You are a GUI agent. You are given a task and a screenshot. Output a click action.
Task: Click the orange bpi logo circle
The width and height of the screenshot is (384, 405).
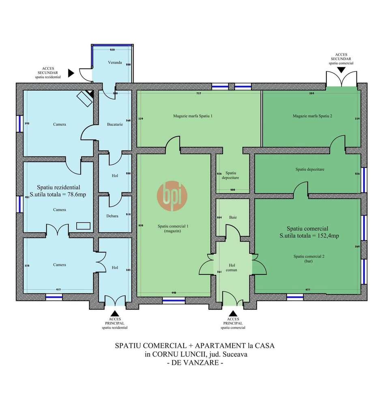pos(172,196)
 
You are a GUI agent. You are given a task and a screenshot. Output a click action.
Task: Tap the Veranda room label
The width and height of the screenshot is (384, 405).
pos(115,63)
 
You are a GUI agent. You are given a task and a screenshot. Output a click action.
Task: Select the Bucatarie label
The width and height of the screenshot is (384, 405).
pos(115,124)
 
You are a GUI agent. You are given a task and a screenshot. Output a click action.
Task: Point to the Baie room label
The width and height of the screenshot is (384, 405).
pos(232,217)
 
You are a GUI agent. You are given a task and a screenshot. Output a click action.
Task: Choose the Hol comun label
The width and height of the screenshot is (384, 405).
pos(232,267)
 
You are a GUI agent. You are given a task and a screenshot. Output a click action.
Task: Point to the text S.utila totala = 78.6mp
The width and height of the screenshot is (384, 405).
pos(58,195)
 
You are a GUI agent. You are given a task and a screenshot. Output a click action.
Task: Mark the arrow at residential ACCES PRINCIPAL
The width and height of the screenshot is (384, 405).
pos(115,313)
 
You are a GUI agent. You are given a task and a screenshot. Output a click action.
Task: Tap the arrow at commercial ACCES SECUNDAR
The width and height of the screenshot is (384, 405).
pos(341,70)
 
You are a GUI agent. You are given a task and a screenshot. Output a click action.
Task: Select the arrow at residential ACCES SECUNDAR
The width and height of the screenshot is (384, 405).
pos(71,73)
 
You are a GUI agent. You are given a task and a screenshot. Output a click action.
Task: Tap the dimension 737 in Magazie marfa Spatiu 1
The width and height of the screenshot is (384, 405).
pos(199,94)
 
